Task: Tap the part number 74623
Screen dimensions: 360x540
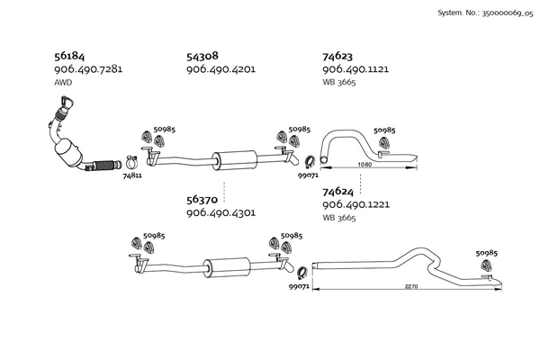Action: (338, 56)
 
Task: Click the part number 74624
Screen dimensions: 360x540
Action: (338, 191)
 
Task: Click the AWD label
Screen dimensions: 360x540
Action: (63, 83)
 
